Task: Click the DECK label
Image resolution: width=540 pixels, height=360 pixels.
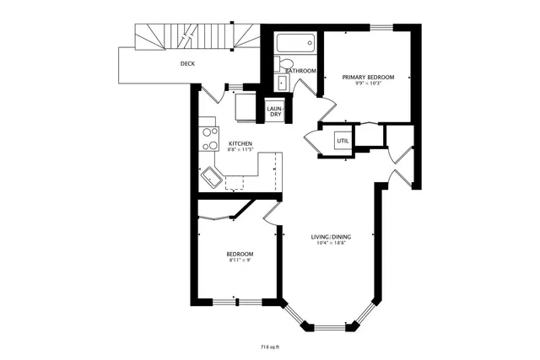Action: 188,63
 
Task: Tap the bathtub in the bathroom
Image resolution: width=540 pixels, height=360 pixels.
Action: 295,42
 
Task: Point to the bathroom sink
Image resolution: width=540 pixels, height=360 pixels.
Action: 282,83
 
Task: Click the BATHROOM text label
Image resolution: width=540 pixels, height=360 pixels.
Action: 301,72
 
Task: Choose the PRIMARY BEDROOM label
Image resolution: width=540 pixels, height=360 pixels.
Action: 368,78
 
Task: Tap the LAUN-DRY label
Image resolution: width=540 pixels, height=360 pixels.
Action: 274,111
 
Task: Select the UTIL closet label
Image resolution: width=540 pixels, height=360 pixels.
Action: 343,141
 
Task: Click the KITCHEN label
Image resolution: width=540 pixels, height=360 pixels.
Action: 240,144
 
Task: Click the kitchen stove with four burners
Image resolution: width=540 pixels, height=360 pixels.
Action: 208,138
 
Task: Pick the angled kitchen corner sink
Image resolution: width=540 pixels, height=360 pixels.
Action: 210,178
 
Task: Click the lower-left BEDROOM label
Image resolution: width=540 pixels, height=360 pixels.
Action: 240,254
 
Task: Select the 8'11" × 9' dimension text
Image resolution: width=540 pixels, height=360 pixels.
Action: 240,261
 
